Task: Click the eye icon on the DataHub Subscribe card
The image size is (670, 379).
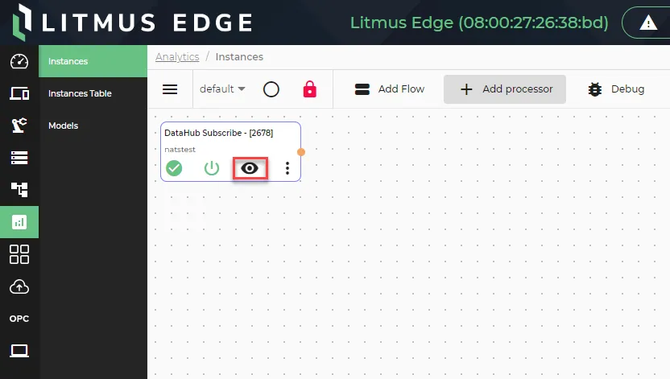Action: (250, 168)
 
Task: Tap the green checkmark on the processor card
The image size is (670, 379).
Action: (174, 168)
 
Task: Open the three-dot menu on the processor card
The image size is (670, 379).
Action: (287, 168)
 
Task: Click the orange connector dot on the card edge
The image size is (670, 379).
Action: (301, 152)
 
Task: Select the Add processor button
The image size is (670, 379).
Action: (505, 89)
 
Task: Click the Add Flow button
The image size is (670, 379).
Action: (390, 89)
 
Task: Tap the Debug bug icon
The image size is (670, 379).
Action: (595, 89)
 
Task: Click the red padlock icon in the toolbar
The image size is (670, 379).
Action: (310, 89)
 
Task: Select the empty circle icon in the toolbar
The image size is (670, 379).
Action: (271, 89)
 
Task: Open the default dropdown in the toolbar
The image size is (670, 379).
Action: (222, 89)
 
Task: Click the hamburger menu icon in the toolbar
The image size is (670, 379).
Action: (170, 89)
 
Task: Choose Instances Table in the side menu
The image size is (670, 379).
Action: (80, 93)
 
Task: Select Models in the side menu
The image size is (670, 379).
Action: (64, 126)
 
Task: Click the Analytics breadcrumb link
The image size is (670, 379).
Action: (177, 57)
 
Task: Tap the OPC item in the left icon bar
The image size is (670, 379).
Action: (19, 319)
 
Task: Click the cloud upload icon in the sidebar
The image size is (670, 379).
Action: (19, 286)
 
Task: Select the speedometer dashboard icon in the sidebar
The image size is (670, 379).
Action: (19, 61)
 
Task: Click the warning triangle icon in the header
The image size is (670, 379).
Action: (648, 23)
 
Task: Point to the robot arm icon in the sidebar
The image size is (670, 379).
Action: (19, 126)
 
